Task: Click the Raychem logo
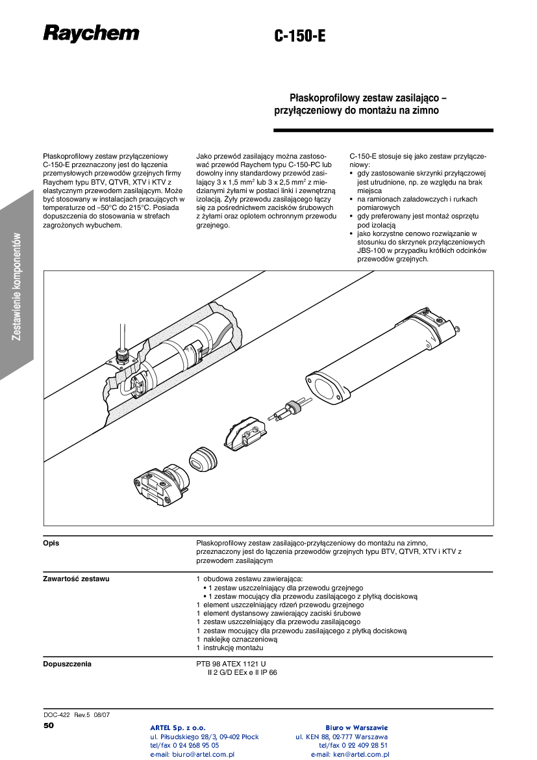click(x=91, y=33)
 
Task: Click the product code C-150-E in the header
click(x=299, y=37)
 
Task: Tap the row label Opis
click(x=51, y=543)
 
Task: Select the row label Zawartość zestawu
click(x=76, y=578)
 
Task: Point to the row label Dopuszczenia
click(x=67, y=664)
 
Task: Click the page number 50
click(x=49, y=724)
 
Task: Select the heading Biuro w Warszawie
click(x=356, y=727)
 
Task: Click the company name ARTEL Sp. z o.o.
click(x=177, y=727)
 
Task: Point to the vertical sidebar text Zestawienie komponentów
click(x=18, y=286)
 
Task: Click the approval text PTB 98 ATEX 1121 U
click(x=231, y=664)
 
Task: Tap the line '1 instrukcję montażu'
click(x=229, y=648)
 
